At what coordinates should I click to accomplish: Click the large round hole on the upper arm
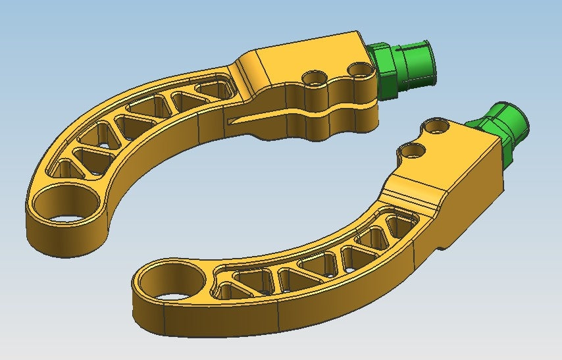pos(60,203)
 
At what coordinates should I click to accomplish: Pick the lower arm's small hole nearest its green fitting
pos(435,125)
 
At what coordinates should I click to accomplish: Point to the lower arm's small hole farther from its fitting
pos(413,151)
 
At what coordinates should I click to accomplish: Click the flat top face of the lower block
pos(447,158)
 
